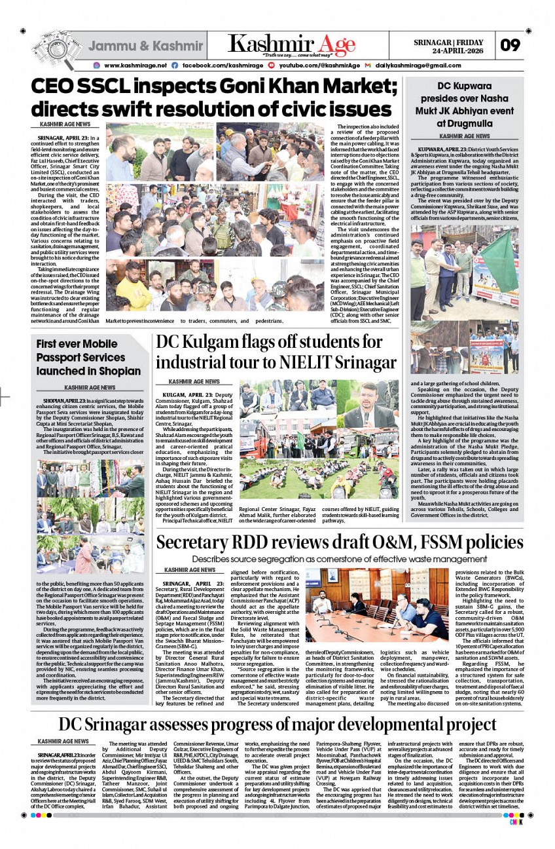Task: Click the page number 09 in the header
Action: pyautogui.click(x=510, y=46)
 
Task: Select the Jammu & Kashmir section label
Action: pyautogui.click(x=145, y=47)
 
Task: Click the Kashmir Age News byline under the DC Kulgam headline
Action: pyautogui.click(x=194, y=381)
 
